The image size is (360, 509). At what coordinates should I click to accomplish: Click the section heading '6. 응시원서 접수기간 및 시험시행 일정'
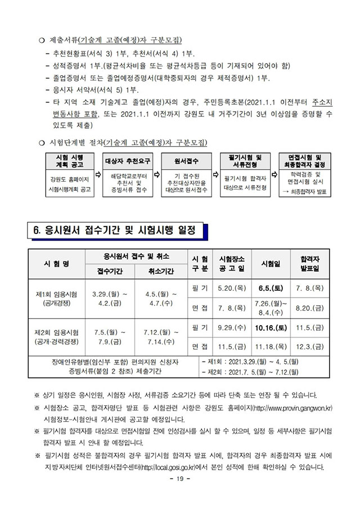click(x=116, y=231)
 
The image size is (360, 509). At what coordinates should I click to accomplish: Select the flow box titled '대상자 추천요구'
click(x=128, y=161)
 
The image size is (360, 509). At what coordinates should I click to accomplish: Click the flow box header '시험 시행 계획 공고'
click(x=70, y=160)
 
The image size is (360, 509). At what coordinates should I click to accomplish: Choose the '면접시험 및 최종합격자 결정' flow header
click(x=305, y=160)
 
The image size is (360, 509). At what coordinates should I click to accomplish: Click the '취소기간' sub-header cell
click(x=160, y=271)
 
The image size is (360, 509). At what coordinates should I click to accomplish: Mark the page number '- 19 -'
click(x=179, y=479)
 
